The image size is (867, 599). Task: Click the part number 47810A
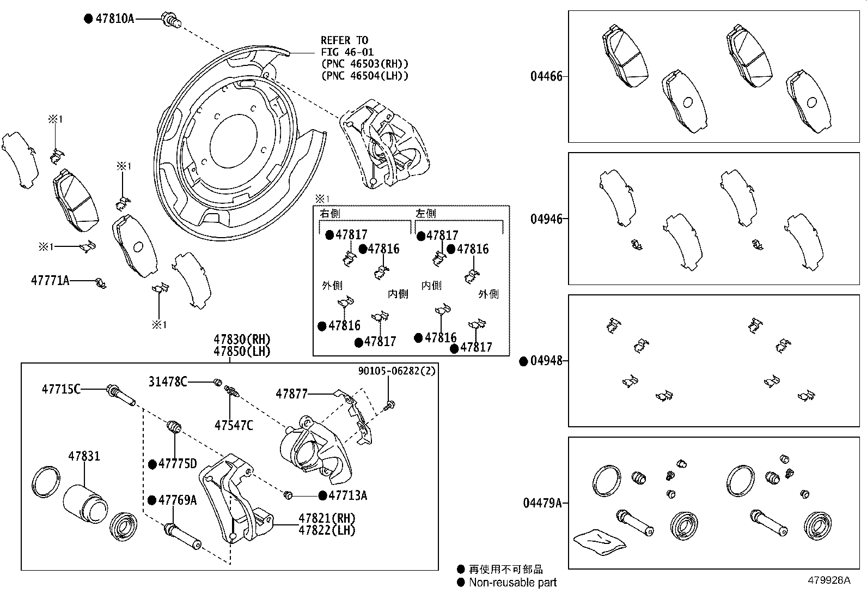coord(114,18)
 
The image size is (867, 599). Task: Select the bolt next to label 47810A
coord(170,20)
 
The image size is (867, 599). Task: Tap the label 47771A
coord(50,280)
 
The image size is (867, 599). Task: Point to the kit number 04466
coord(546,76)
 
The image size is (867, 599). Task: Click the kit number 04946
coord(546,219)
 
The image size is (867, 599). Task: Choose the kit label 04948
coord(546,361)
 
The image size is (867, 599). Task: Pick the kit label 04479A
coord(542,503)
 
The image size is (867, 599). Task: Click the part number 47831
coord(84,456)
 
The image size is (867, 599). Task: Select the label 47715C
coord(61,389)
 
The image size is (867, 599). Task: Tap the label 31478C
coord(168,382)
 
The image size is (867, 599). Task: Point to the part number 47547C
coord(234,426)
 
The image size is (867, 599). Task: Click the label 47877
coord(291,394)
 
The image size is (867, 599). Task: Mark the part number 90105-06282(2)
coord(396,371)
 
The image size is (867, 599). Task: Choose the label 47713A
coord(347,495)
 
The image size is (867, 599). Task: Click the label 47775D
coord(178,463)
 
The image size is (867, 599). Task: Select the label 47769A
coord(178,500)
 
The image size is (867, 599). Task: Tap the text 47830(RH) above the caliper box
coord(242,340)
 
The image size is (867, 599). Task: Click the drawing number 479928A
coord(829,580)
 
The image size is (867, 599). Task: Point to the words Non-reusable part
coord(512,582)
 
